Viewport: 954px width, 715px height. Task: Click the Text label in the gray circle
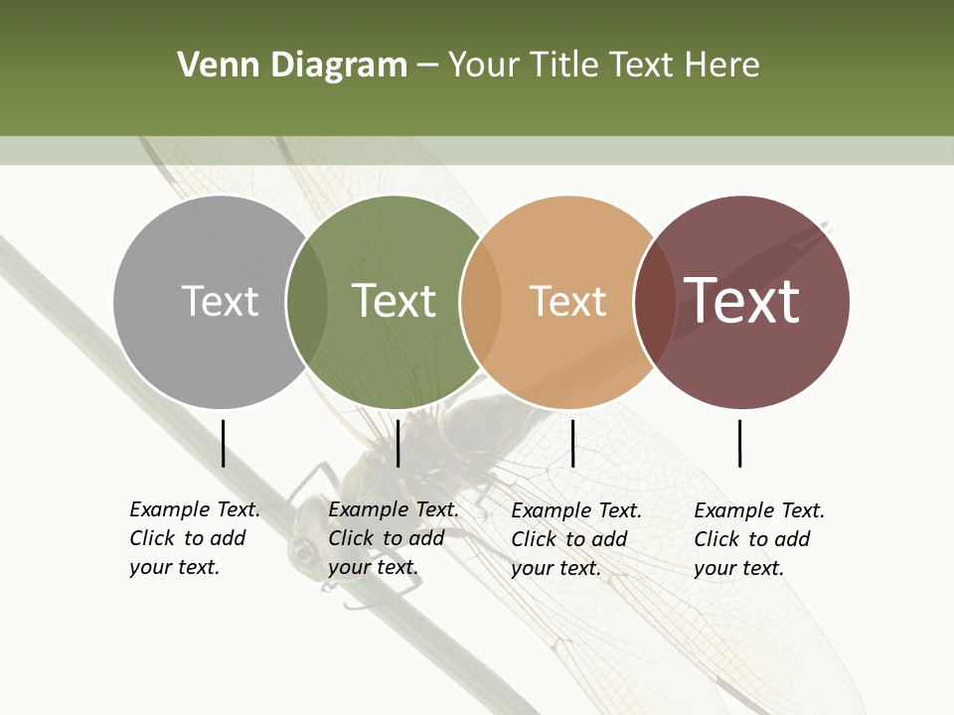(x=220, y=301)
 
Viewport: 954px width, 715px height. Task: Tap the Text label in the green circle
(x=394, y=301)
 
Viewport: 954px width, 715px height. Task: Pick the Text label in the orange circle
(x=567, y=301)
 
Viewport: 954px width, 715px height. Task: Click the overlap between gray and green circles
(x=307, y=301)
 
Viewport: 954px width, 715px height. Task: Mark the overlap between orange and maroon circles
(x=655, y=301)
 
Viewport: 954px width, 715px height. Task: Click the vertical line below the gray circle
(x=223, y=443)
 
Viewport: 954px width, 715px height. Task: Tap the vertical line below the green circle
(x=397, y=443)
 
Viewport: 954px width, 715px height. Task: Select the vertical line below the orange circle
(x=572, y=443)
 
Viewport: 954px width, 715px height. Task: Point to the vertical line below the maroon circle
(x=740, y=443)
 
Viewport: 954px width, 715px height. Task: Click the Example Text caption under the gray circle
(x=194, y=538)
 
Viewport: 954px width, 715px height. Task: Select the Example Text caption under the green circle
(x=393, y=538)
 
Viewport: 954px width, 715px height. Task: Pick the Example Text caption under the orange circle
(x=575, y=539)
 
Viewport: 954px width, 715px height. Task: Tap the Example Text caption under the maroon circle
(x=758, y=539)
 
